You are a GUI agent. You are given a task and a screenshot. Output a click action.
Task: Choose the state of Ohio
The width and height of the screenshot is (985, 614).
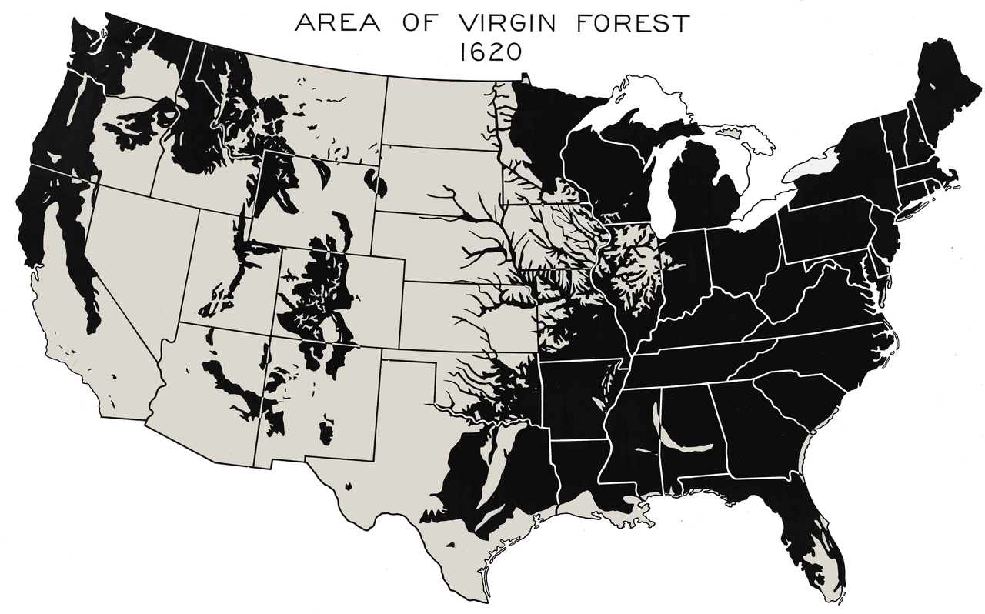pyautogui.click(x=743, y=254)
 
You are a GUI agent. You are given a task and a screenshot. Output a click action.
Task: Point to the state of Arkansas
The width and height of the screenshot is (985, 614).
pyautogui.click(x=573, y=400)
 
